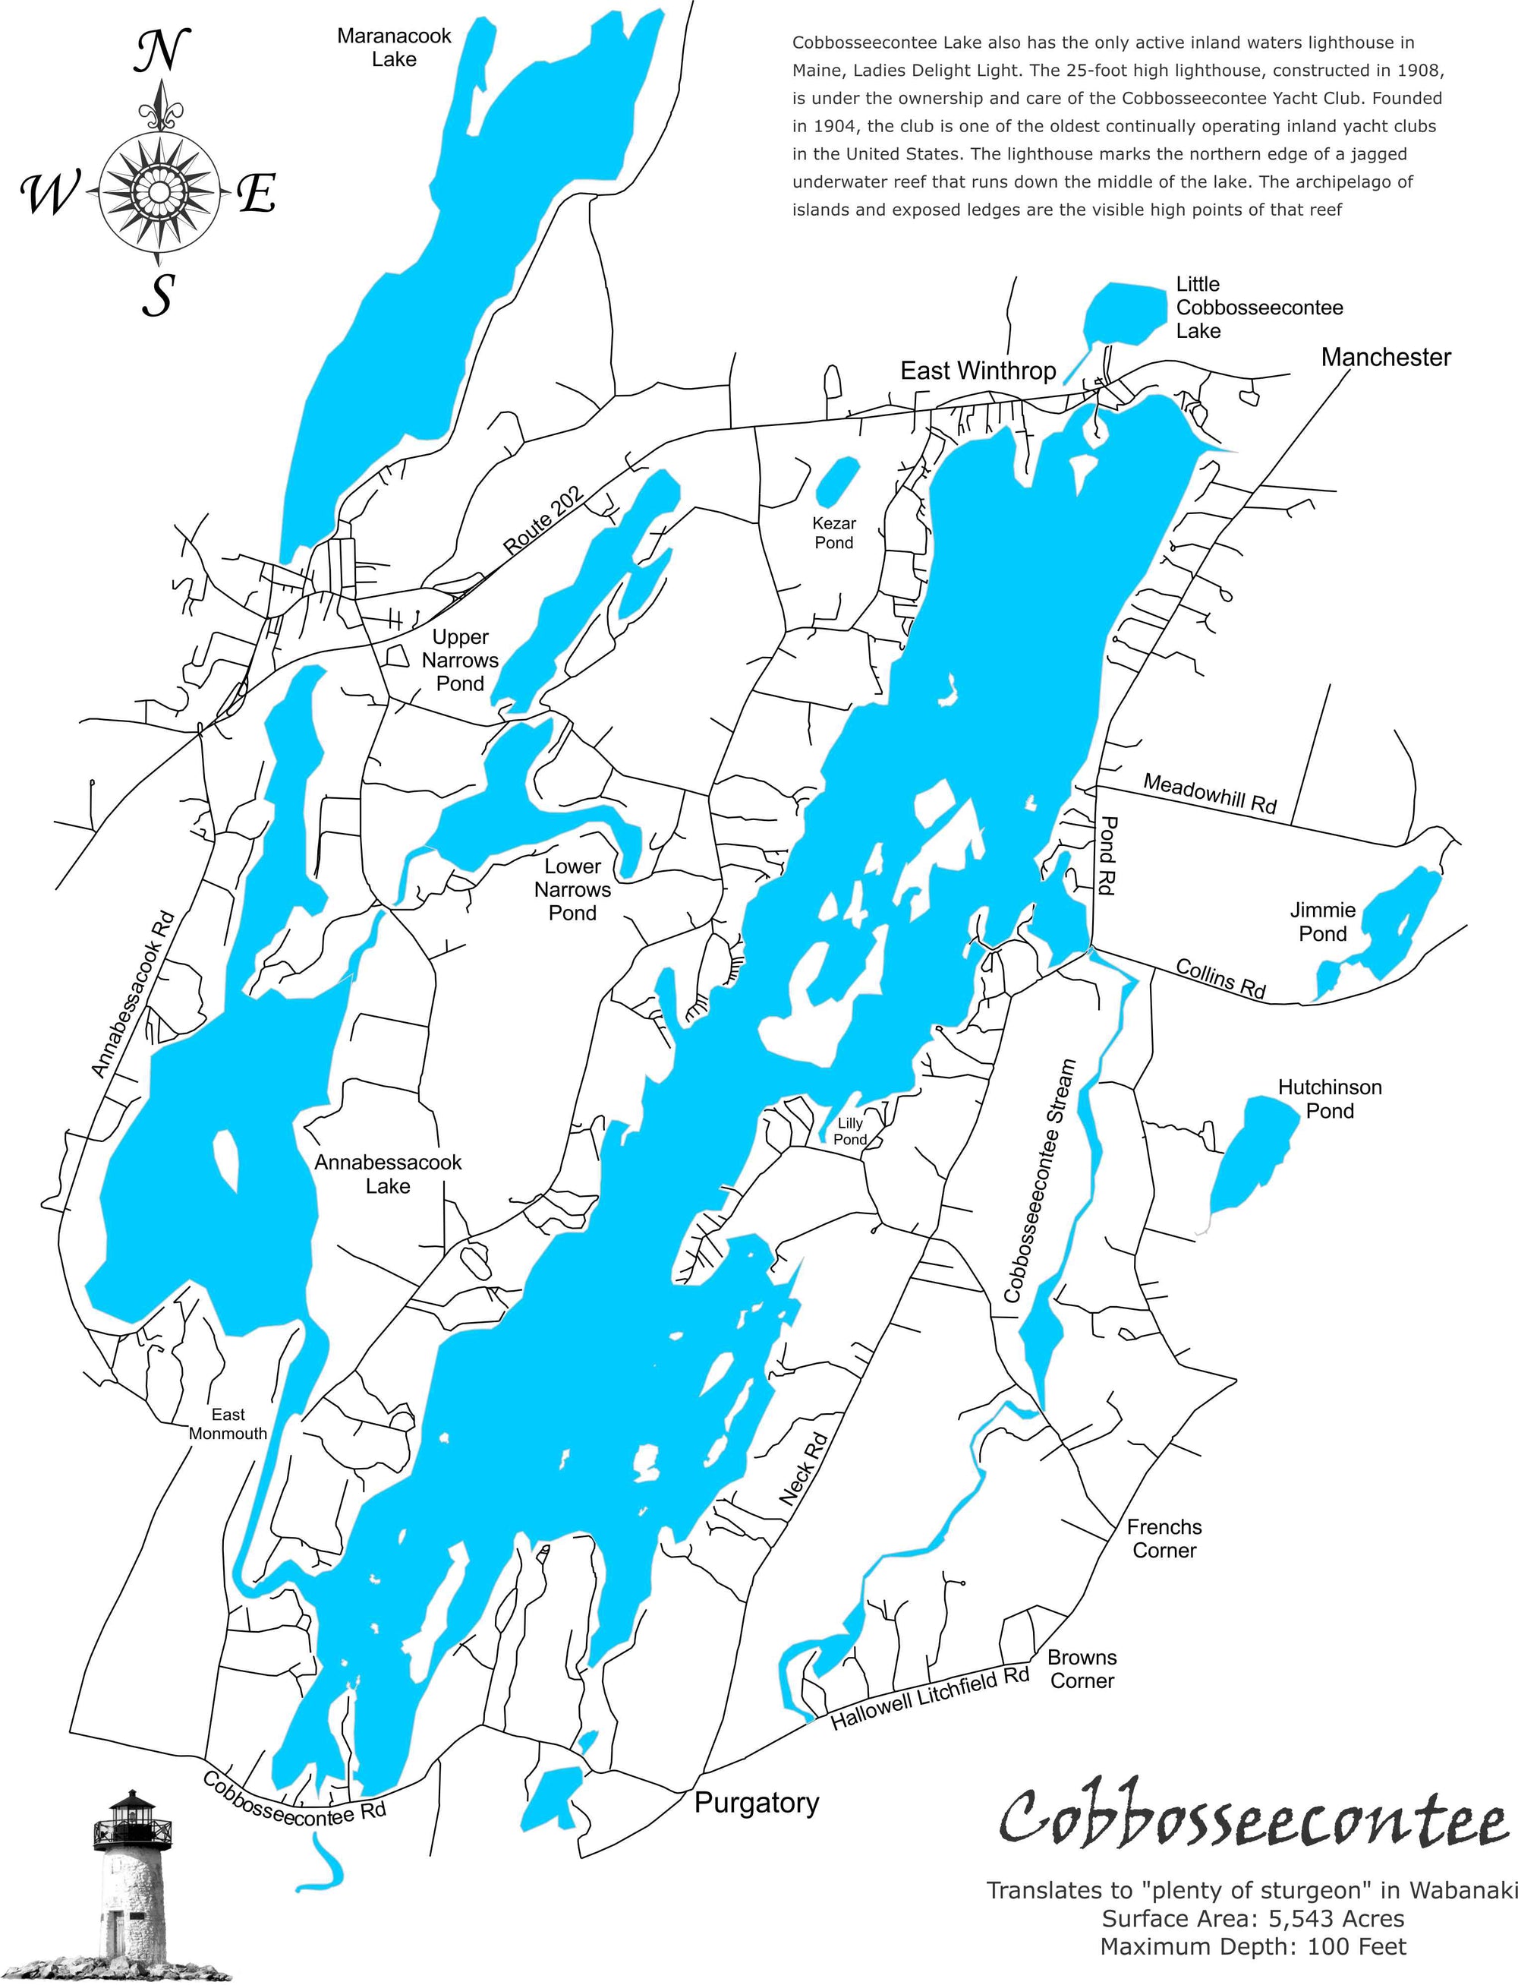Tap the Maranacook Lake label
click(x=394, y=48)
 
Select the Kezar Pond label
click(x=834, y=533)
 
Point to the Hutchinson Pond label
click(x=1329, y=1098)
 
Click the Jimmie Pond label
click(x=1323, y=922)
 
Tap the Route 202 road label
click(x=544, y=521)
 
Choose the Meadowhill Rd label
click(x=1210, y=793)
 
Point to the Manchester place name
click(x=1385, y=357)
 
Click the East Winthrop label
click(x=978, y=371)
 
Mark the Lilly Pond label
click(x=850, y=1131)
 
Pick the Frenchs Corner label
click(x=1164, y=1538)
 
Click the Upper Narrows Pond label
click(x=460, y=660)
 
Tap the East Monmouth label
click(x=228, y=1424)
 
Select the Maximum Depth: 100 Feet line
click(x=1252, y=1946)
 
